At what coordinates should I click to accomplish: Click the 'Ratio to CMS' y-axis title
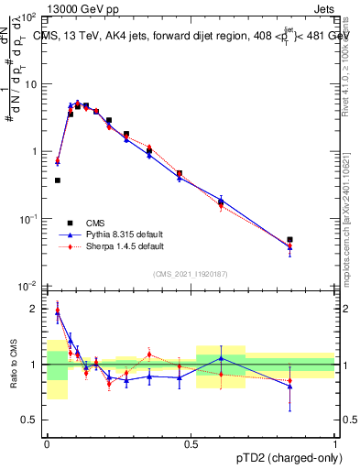(x=12, y=365)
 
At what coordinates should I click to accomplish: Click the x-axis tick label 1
(x=335, y=442)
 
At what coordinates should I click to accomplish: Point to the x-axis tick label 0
(x=46, y=442)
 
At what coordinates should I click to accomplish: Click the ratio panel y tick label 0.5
(x=31, y=420)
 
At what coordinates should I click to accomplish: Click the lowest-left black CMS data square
(x=58, y=180)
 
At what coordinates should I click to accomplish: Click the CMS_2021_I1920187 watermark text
(x=190, y=273)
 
